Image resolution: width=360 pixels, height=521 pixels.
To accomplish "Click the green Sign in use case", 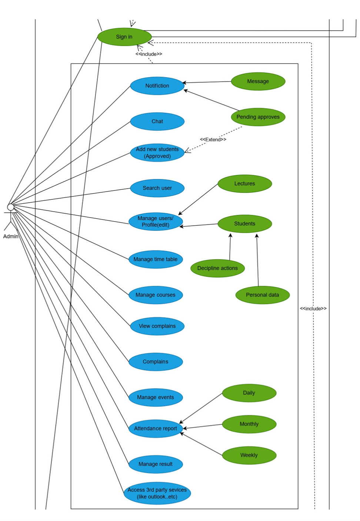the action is coord(124,37).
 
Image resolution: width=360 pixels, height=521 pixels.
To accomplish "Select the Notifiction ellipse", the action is coord(157,86).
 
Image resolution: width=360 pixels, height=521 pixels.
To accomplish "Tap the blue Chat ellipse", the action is coord(157,122).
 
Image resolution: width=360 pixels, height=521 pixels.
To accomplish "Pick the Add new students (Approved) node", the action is coord(157,153).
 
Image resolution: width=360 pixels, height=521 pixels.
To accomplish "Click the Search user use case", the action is coord(157,188).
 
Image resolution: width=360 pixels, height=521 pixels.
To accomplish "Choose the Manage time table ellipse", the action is coord(156,259).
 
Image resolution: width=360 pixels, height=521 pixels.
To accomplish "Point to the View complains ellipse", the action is coord(157,326).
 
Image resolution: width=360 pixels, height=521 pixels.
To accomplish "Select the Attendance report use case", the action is coord(156,428).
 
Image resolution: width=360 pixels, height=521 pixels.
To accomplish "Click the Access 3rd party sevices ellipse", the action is coord(157,493).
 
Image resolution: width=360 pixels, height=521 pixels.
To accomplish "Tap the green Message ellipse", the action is coord(258,81).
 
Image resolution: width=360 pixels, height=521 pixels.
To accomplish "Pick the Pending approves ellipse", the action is coord(258,117).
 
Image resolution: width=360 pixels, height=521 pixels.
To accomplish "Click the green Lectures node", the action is coord(245,183).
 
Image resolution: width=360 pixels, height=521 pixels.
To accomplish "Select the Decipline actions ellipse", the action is coord(217,268).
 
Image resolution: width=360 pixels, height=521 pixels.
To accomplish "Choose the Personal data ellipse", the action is coord(262,295).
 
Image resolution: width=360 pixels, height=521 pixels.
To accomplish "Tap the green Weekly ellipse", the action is coord(249,455).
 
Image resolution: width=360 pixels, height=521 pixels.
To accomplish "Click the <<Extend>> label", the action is coord(213,140).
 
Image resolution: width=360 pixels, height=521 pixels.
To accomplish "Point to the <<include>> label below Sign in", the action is coord(149,54).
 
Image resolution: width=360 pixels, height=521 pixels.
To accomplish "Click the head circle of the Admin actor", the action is coord(10,207).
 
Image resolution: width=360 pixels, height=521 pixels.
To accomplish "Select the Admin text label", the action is coord(11,236).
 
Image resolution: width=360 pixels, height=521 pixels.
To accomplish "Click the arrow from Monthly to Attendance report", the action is coord(203,427).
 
